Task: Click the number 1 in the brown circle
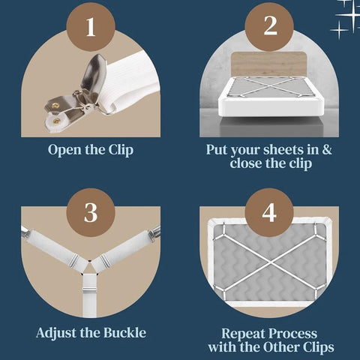[91, 27]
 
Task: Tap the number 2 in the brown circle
[270, 25]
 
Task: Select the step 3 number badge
[91, 213]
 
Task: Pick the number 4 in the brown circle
[269, 212]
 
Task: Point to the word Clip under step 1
[121, 150]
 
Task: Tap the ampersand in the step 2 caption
[327, 149]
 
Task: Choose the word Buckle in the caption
[125, 333]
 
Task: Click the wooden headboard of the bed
[269, 64]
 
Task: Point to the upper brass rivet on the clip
[55, 106]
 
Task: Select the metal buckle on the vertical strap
[89, 289]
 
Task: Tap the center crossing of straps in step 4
[269, 262]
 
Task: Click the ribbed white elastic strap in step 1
[127, 81]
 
